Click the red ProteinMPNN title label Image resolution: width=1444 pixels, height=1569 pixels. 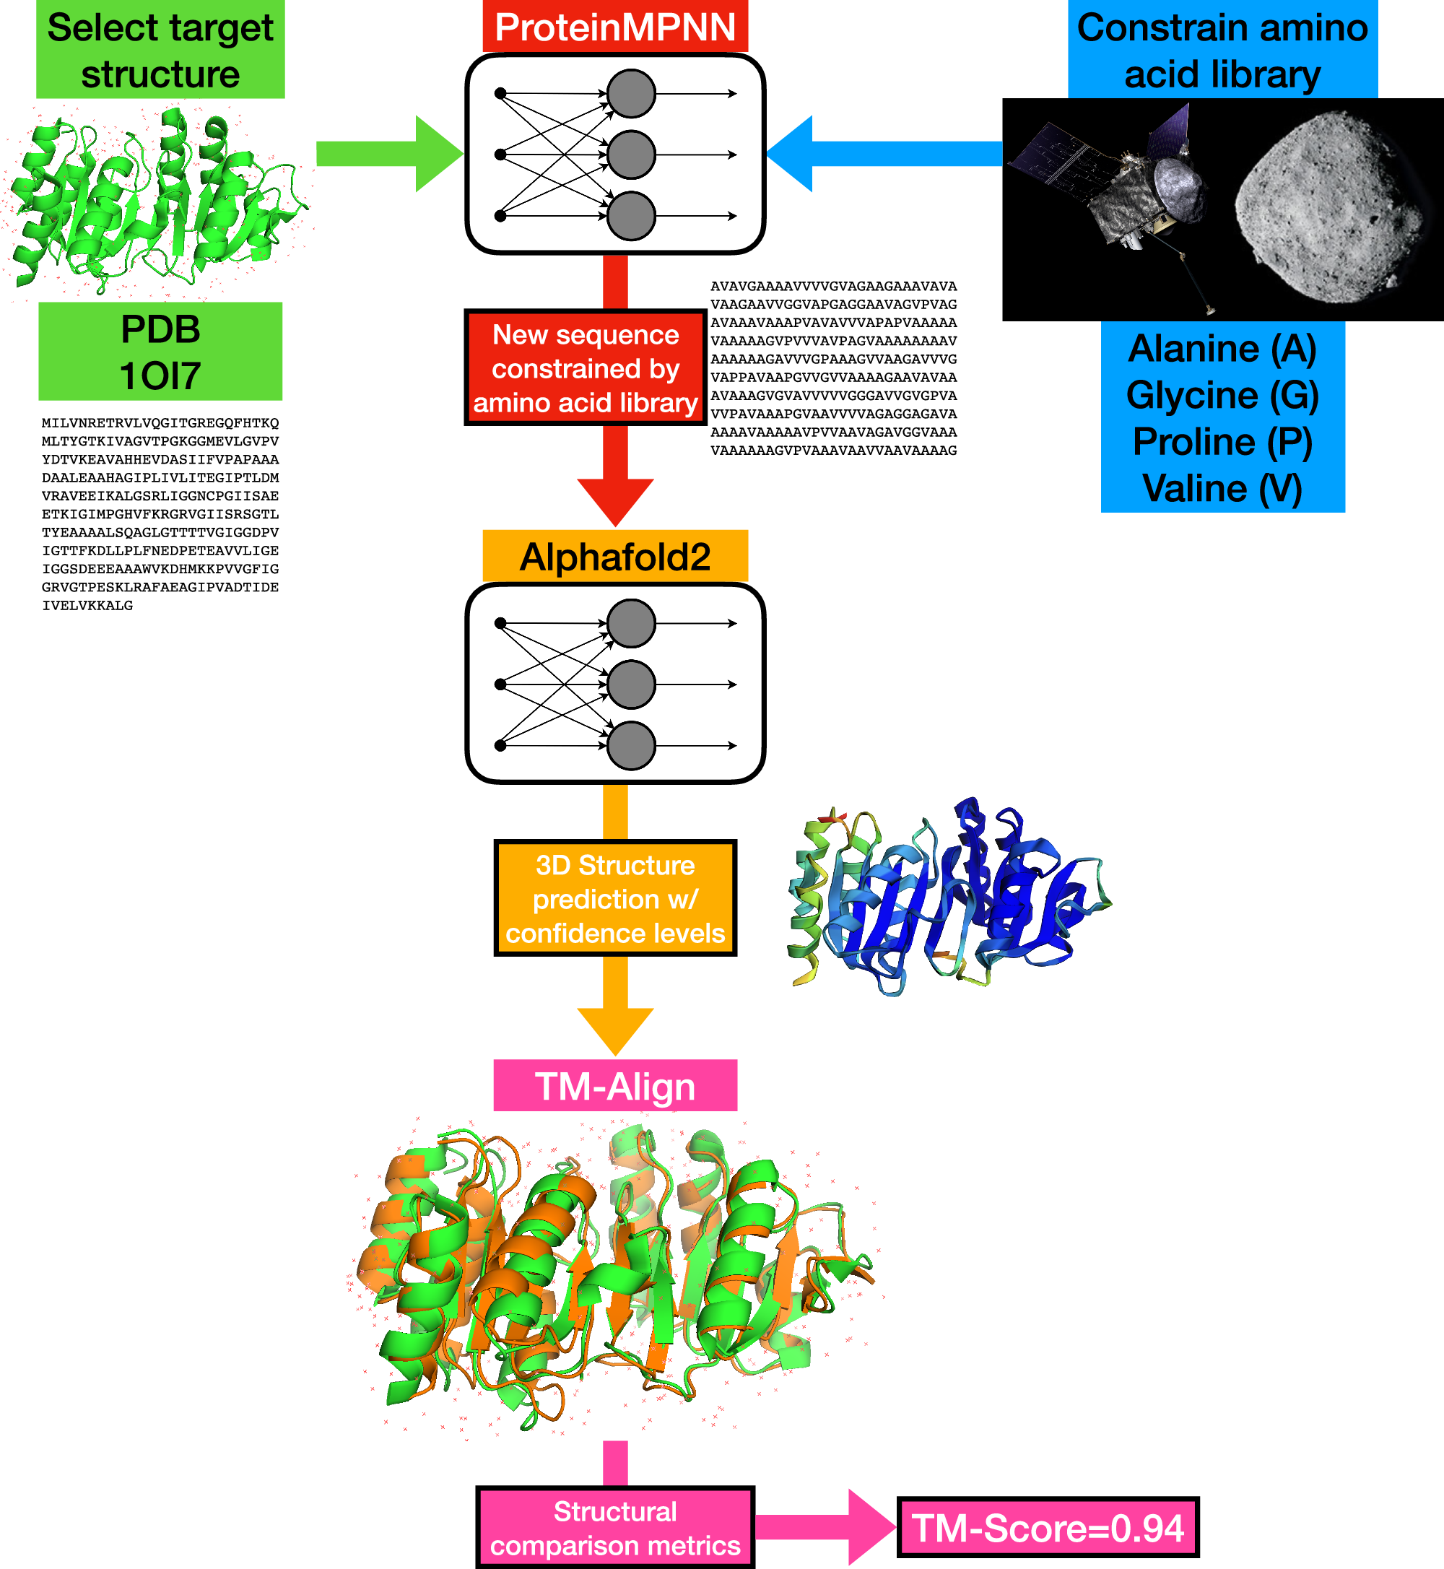pyautogui.click(x=615, y=26)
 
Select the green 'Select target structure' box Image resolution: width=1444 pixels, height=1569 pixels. pyautogui.click(x=160, y=49)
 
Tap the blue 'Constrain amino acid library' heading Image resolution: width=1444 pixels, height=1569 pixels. pyautogui.click(x=1222, y=49)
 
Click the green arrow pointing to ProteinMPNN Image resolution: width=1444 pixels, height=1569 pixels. pyautogui.click(x=389, y=154)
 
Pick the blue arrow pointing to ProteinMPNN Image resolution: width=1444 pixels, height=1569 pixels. pyautogui.click(x=884, y=154)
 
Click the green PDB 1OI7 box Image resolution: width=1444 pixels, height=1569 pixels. pyautogui.click(x=160, y=352)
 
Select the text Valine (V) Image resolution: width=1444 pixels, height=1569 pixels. pyautogui.click(x=1222, y=488)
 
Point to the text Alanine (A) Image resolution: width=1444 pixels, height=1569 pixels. pyautogui.click(x=1222, y=349)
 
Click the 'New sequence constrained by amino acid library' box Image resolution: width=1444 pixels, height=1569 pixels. pyautogui.click(x=586, y=368)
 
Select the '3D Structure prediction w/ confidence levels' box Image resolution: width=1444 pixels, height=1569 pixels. pyautogui.click(x=615, y=898)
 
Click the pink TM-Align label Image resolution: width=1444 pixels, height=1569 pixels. pyautogui.click(x=615, y=1085)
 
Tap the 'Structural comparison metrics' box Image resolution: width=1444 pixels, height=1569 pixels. pyautogui.click(x=615, y=1528)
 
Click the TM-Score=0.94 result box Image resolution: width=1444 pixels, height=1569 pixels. pyautogui.click(x=1048, y=1528)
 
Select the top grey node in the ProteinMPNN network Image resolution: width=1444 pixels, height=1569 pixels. pyautogui.click(x=631, y=94)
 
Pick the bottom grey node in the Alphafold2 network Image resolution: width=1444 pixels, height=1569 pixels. pyautogui.click(x=631, y=745)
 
